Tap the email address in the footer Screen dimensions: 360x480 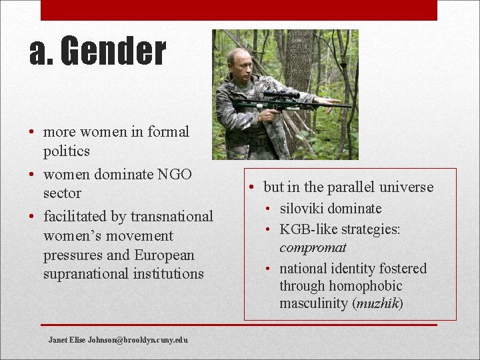(x=118, y=340)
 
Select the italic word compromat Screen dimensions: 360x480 (x=313, y=247)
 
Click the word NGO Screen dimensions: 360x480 (x=175, y=174)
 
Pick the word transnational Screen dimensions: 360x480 (x=172, y=216)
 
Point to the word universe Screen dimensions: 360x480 (x=408, y=187)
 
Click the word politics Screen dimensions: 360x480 (x=67, y=151)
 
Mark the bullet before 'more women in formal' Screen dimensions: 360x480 (x=32, y=132)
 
